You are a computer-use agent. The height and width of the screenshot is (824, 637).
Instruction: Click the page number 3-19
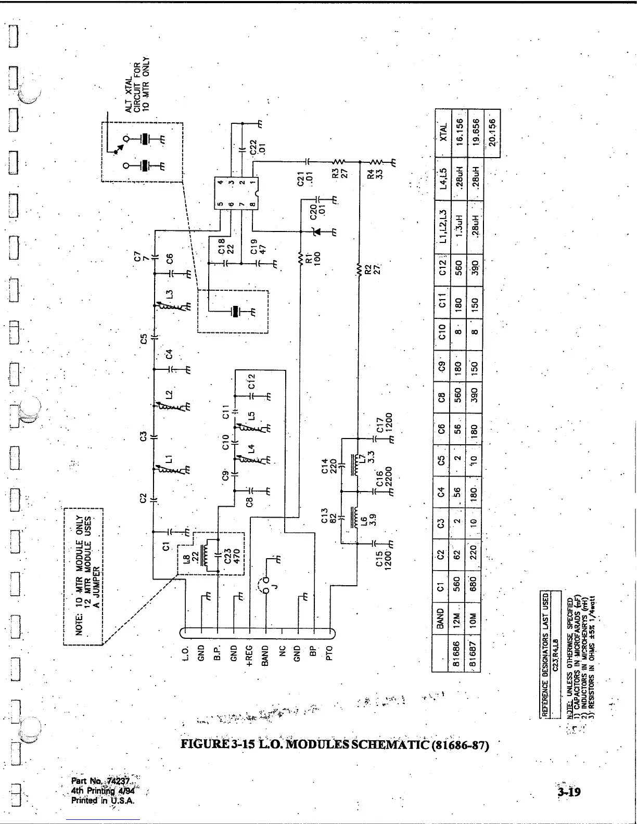568,792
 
